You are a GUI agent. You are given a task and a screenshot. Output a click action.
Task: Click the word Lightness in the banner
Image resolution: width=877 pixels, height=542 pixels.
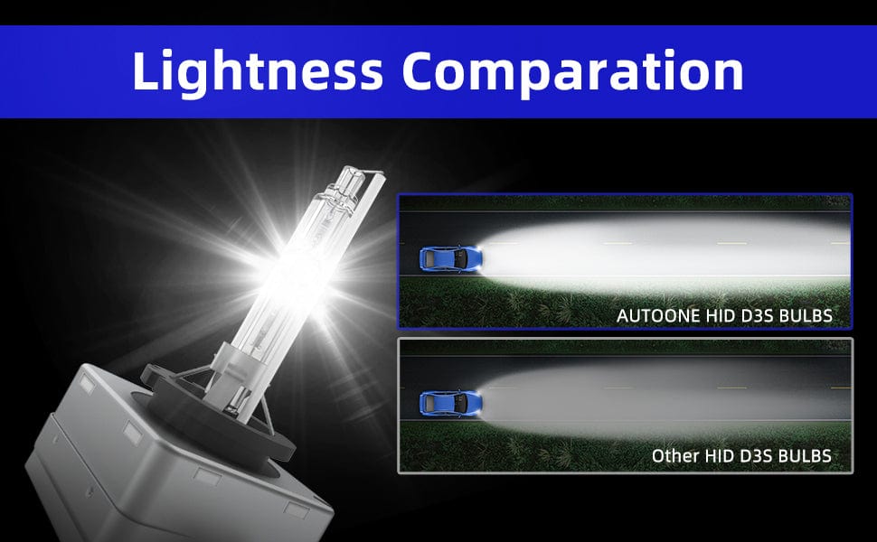[258, 72]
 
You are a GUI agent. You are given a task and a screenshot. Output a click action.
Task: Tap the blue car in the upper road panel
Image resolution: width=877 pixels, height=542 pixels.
[451, 258]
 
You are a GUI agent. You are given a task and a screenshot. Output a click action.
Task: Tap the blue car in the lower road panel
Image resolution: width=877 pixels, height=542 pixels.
[451, 403]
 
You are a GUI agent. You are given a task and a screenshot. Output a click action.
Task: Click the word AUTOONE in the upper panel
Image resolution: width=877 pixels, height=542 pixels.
[658, 315]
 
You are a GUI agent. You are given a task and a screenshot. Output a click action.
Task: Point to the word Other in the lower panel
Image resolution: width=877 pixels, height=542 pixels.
[675, 456]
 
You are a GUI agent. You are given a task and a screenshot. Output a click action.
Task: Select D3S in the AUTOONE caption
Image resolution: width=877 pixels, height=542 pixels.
[758, 315]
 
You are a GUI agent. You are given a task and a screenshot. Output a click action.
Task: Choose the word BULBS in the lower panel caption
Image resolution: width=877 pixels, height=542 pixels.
[805, 456]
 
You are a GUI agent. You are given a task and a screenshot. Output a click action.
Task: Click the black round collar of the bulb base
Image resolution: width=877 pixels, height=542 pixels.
[217, 414]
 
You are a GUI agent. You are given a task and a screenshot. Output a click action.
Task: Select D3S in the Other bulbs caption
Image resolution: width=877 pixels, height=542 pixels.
[757, 456]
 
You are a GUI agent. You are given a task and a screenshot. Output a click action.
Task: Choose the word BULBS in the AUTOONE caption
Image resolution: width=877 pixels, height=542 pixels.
[806, 315]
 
